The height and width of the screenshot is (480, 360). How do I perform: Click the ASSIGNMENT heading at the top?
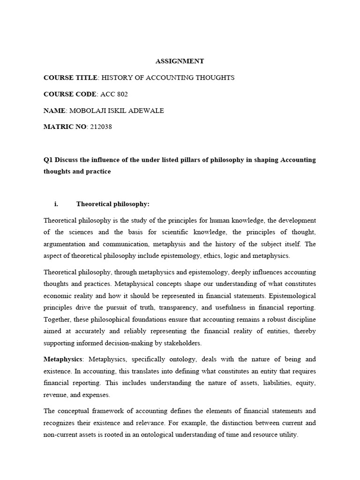[x=180, y=61]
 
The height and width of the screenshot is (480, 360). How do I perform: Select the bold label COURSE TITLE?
[x=70, y=77]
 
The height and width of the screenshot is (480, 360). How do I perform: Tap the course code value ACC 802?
[x=114, y=94]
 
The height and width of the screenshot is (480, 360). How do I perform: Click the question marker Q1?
[x=48, y=160]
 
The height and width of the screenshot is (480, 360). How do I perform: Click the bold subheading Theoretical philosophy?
[x=112, y=204]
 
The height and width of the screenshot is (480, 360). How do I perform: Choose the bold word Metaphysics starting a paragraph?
[x=63, y=359]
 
